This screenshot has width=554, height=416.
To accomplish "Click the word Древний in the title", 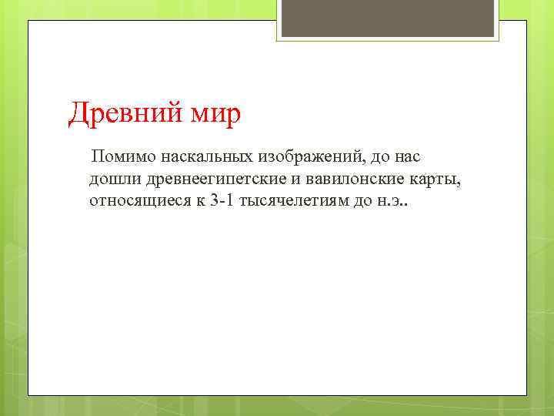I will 122,115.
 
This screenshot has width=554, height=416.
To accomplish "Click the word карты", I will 439,180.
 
